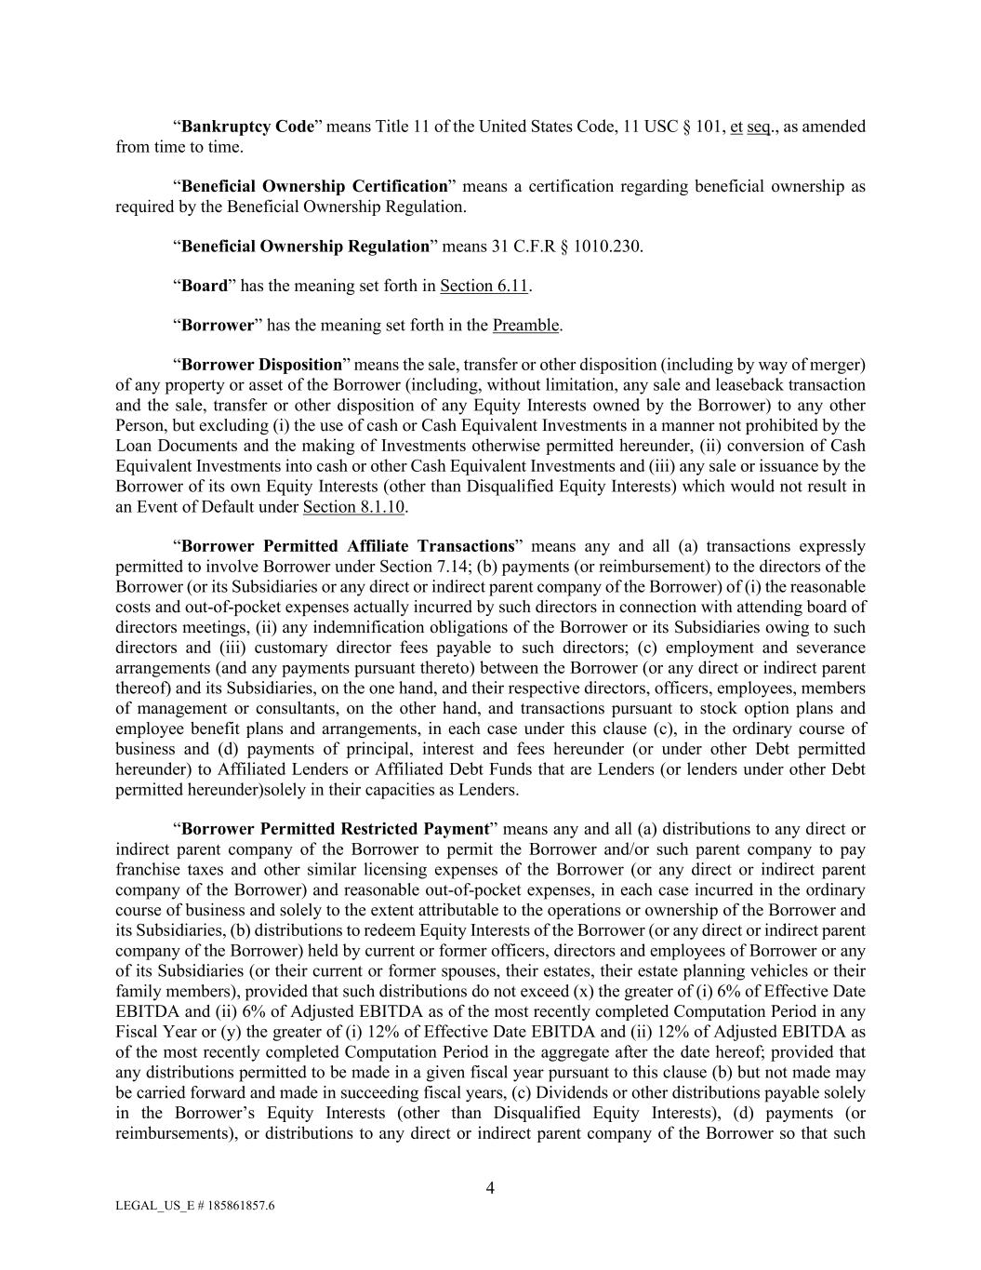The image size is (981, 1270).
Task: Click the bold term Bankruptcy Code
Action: [x=247, y=127]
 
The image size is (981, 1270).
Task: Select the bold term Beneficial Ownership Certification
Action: [x=314, y=186]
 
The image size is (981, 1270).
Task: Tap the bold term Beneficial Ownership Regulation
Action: [x=304, y=247]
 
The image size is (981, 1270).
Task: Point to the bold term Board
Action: [x=204, y=286]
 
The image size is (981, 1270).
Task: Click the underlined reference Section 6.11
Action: [x=484, y=286]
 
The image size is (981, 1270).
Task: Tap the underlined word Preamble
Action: [x=525, y=326]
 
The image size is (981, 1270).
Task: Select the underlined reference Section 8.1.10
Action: [x=353, y=507]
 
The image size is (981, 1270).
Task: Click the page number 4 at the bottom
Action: [x=490, y=1187]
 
